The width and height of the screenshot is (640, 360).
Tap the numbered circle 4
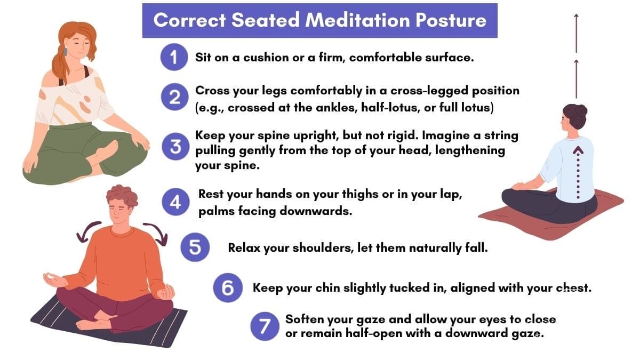(175, 203)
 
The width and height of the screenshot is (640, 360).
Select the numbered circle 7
(265, 326)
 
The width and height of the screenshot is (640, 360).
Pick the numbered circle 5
(195, 249)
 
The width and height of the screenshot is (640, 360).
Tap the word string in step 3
(500, 135)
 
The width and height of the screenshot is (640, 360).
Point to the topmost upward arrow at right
(576, 32)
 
